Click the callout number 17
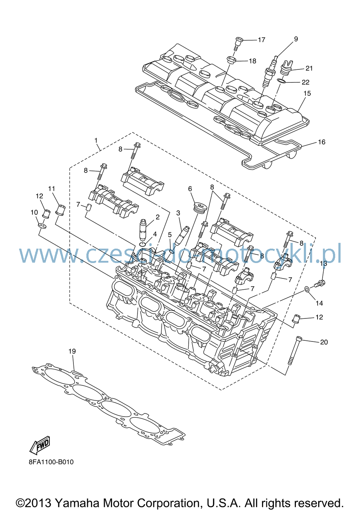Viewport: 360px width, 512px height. point(261,40)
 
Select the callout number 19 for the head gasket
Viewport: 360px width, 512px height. point(72,351)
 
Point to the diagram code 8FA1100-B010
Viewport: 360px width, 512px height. point(51,462)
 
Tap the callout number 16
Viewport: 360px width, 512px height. point(321,142)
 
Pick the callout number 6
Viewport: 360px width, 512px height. point(190,189)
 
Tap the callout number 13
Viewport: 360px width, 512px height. point(323,263)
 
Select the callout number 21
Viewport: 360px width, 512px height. point(309,68)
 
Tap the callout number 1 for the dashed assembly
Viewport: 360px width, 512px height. point(96,140)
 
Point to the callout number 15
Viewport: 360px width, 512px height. point(307,94)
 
